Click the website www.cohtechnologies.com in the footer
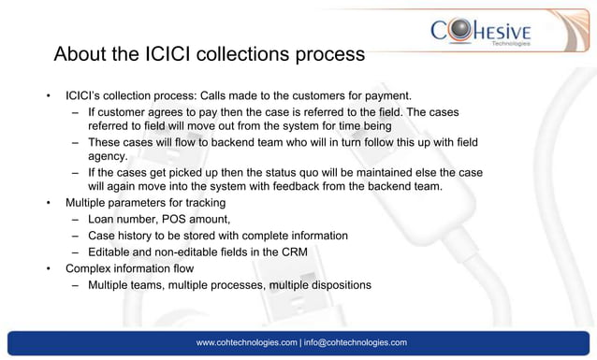[x=246, y=343]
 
